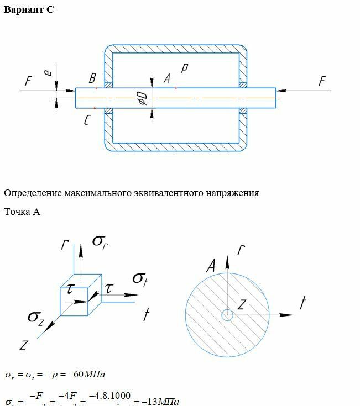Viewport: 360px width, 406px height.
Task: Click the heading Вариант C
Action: pyautogui.click(x=29, y=10)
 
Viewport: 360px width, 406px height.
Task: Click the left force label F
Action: pyautogui.click(x=28, y=82)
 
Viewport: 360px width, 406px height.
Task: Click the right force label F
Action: pyautogui.click(x=322, y=82)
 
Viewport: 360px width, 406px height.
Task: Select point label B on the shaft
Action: pyautogui.click(x=92, y=79)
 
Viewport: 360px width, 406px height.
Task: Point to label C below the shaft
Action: pyautogui.click(x=87, y=119)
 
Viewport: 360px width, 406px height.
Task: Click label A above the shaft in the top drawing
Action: pyautogui.click(x=166, y=79)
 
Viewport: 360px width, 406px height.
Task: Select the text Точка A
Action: pyautogui.click(x=22, y=212)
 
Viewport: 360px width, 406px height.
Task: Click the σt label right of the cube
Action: pyautogui.click(x=140, y=277)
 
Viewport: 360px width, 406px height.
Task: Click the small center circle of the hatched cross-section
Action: pyautogui.click(x=227, y=315)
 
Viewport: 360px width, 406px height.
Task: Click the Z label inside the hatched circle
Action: pyautogui.click(x=242, y=304)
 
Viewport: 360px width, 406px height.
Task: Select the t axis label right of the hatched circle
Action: pyautogui.click(x=302, y=302)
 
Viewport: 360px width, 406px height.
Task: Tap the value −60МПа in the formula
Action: pyautogui.click(x=89, y=375)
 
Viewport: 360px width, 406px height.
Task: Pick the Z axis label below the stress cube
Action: pyautogui.click(x=23, y=346)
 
